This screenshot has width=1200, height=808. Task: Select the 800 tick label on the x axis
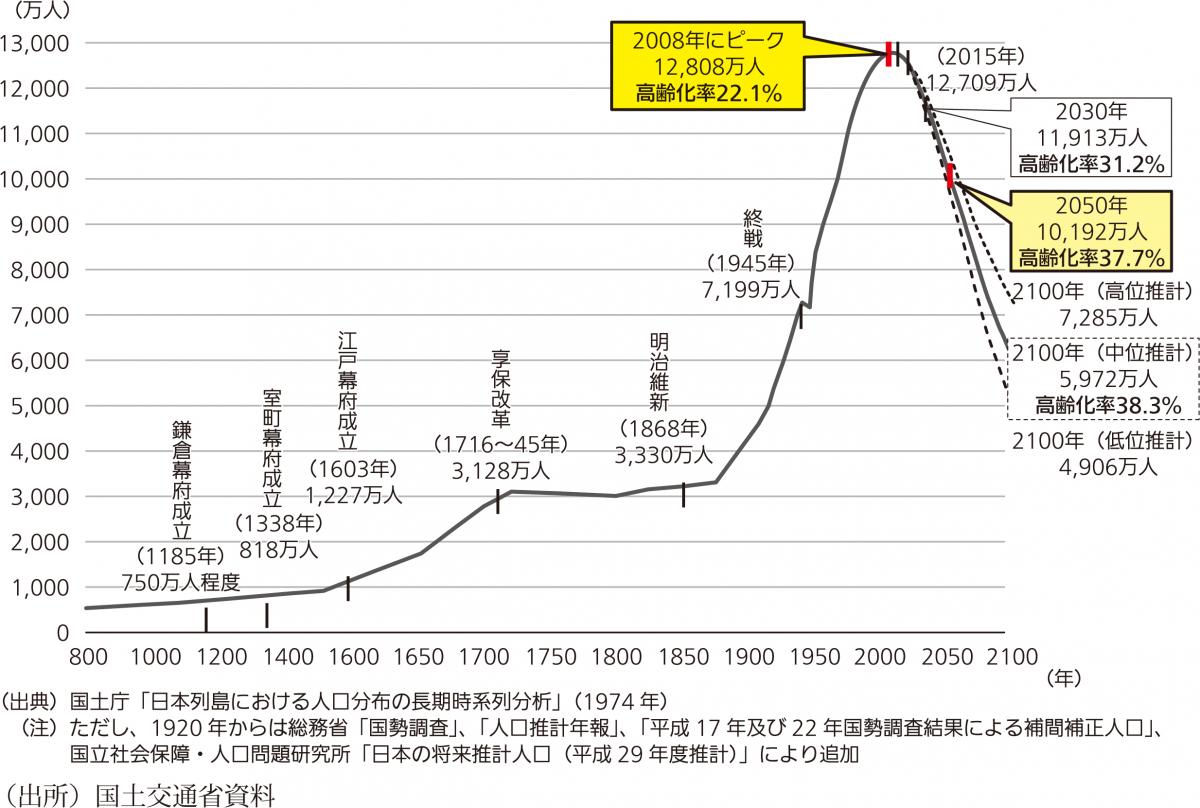pyautogui.click(x=88, y=657)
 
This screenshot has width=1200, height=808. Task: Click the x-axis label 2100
pyautogui.click(x=1003, y=657)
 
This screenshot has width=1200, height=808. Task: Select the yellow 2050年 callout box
pyautogui.click(x=1090, y=231)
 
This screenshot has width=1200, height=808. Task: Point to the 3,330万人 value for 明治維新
pyautogui.click(x=665, y=455)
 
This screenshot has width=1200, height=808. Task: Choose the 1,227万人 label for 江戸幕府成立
pyautogui.click(x=353, y=493)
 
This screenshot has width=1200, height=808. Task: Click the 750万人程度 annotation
pyautogui.click(x=181, y=580)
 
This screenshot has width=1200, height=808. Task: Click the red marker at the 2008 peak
pyautogui.click(x=888, y=54)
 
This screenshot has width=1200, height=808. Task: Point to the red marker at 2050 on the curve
pyautogui.click(x=950, y=176)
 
